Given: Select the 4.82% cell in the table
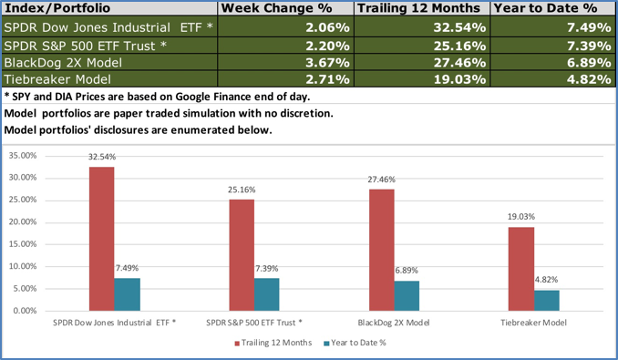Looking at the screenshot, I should [x=585, y=79].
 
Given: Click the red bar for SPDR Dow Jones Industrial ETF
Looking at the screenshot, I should [x=102, y=239].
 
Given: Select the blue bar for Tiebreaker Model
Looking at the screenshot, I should [x=547, y=300].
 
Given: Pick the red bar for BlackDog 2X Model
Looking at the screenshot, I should [x=382, y=250].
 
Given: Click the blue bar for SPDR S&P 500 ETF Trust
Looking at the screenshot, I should [x=267, y=294].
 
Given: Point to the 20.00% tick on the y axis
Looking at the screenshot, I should [x=22, y=222].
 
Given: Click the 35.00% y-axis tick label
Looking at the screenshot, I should [x=22, y=156].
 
